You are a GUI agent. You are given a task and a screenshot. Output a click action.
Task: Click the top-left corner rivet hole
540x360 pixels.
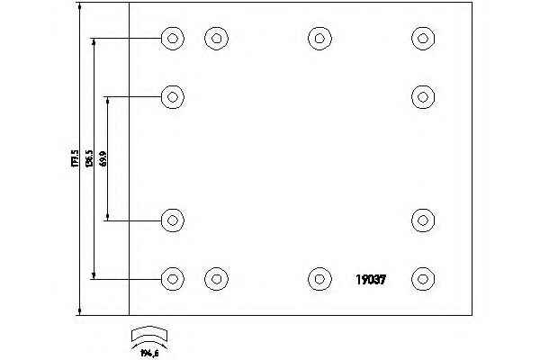(173, 38)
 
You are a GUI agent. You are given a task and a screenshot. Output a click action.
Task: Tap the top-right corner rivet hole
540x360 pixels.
(423, 38)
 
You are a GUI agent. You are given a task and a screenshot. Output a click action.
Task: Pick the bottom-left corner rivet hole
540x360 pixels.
(173, 278)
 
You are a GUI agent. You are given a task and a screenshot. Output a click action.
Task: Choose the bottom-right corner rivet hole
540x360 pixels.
(423, 278)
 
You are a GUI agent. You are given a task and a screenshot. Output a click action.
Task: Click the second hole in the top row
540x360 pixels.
(215, 38)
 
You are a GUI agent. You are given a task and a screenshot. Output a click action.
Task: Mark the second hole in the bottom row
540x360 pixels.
(215, 278)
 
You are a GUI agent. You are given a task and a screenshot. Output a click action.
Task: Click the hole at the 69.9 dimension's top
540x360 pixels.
(173, 95)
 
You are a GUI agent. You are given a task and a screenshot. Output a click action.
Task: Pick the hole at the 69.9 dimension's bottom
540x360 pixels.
(173, 219)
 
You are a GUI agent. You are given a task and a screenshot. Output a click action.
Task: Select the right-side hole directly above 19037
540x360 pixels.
(423, 219)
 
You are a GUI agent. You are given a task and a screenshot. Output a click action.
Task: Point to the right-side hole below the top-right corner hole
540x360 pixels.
(423, 95)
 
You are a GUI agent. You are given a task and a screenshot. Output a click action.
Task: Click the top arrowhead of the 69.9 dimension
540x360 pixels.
(108, 100)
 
